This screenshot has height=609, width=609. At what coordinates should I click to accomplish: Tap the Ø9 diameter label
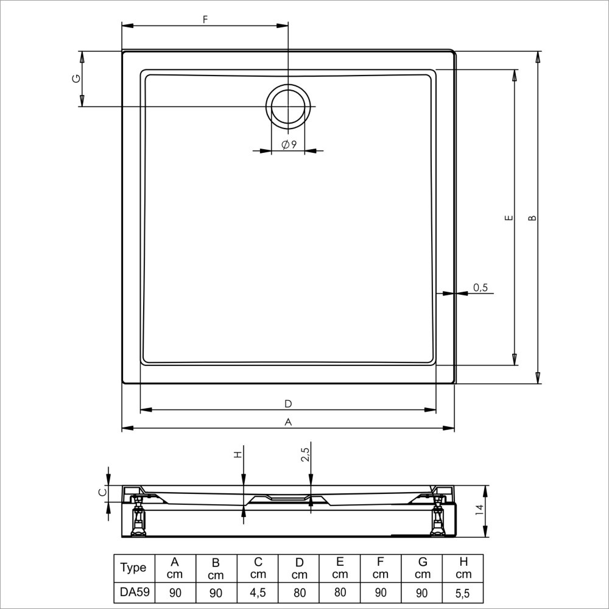click(x=289, y=144)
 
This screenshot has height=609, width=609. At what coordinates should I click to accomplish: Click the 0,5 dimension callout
click(x=481, y=287)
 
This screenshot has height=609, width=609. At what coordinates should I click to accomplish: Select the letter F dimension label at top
click(x=205, y=19)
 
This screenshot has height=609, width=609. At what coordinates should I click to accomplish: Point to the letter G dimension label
click(x=77, y=79)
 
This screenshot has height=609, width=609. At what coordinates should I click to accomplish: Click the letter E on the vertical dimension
click(x=509, y=218)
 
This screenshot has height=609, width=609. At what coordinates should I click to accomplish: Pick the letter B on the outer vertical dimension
click(x=532, y=218)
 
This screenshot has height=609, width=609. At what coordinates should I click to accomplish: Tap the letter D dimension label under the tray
click(x=288, y=404)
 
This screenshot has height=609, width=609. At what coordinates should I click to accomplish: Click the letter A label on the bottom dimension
click(x=288, y=422)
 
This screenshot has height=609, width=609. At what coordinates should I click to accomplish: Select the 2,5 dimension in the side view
click(x=305, y=454)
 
